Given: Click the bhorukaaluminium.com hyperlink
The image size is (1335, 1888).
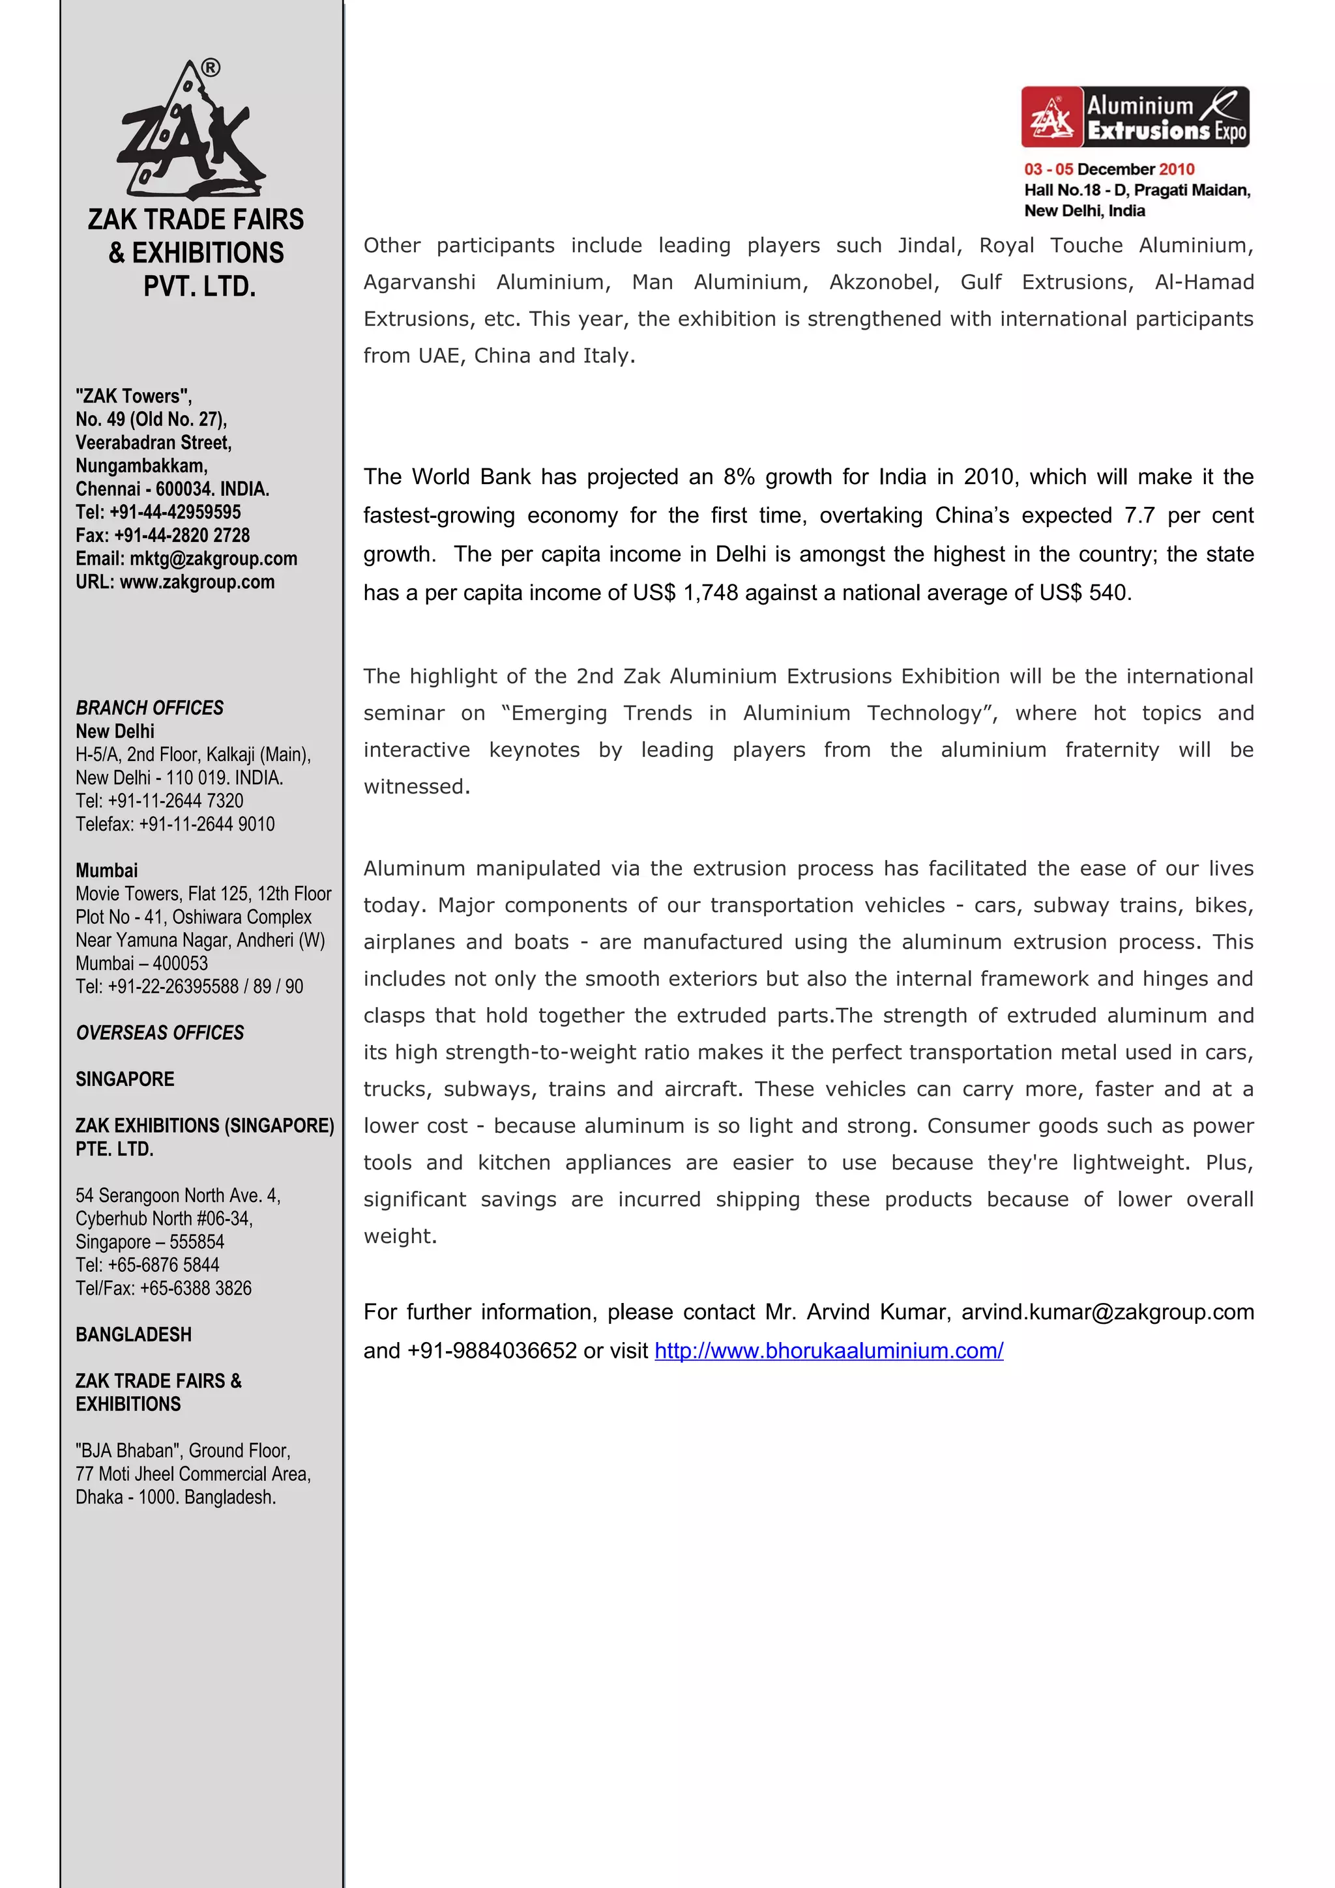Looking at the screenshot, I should [829, 1351].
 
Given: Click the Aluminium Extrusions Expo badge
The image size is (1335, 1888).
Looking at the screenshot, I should [1135, 117].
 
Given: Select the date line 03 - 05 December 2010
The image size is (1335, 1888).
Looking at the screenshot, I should [1109, 169].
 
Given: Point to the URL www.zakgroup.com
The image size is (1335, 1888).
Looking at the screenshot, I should [197, 582].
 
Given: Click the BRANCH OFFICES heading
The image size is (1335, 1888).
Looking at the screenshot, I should [150, 708].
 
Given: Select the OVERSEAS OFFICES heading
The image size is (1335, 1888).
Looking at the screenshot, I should [160, 1033].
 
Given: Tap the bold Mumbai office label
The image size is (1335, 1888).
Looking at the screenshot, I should [107, 871].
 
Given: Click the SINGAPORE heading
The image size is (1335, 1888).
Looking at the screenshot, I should [125, 1080].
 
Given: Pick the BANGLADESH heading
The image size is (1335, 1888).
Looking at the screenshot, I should [133, 1335].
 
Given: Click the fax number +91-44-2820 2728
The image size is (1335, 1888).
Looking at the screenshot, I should [182, 536].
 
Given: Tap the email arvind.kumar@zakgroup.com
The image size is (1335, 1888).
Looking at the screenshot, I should [1107, 1311].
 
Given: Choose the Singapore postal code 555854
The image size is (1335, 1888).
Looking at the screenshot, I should [197, 1242].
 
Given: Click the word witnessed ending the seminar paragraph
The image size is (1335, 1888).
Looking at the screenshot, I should [417, 787].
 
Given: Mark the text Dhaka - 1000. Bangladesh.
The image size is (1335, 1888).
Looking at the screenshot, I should [175, 1497].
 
